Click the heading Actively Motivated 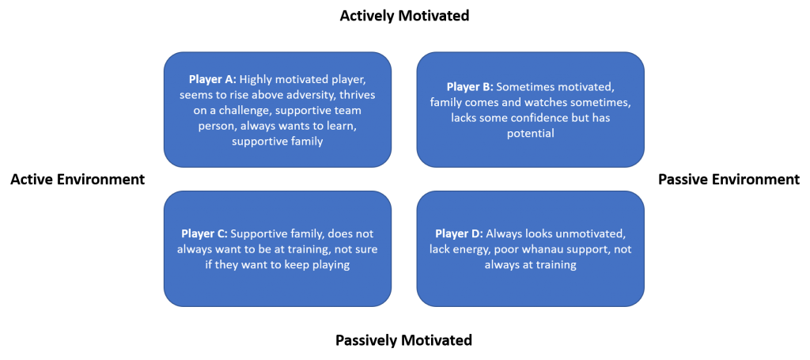coord(404,16)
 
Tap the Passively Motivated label coord(404,340)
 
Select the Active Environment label coord(78,180)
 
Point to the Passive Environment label coord(729,180)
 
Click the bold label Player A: coord(211,80)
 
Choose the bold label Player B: coord(468,87)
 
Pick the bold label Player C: coord(205,233)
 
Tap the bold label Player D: coord(459,233)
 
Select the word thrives coord(361,95)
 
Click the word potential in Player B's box coord(531,133)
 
